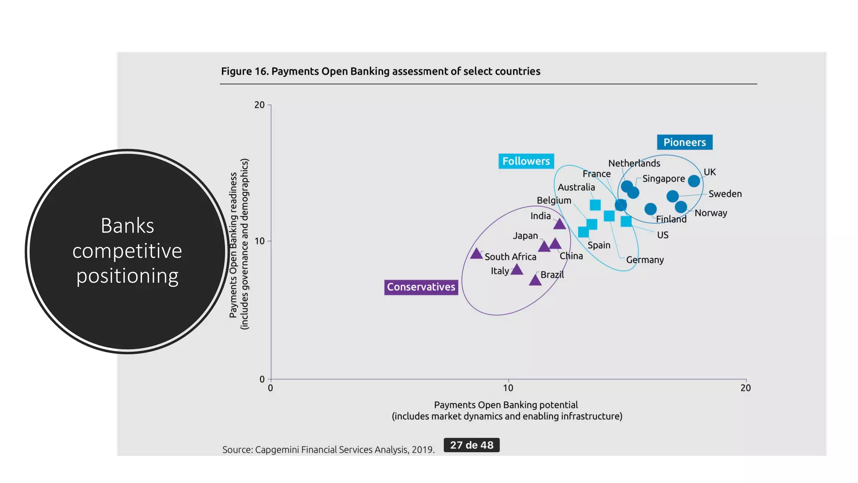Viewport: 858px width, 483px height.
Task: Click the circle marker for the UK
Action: [x=694, y=181]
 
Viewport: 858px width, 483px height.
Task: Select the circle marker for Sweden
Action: [x=672, y=196]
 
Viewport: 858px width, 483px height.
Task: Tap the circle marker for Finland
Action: [x=650, y=209]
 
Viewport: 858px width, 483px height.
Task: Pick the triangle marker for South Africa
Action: [x=476, y=254]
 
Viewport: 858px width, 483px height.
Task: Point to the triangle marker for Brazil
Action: [x=535, y=280]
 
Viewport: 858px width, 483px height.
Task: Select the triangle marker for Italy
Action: [x=517, y=270]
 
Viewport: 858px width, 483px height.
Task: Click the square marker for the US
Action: [x=626, y=221]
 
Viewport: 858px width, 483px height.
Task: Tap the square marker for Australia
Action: [x=595, y=205]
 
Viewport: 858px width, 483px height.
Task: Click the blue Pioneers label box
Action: [x=684, y=142]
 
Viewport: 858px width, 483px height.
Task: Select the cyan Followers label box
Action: [x=526, y=161]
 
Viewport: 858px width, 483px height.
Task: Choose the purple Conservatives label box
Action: [x=421, y=287]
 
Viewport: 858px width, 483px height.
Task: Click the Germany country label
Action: [x=644, y=260]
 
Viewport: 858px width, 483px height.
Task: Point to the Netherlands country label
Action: [x=634, y=163]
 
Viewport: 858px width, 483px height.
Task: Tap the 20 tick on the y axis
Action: [x=259, y=105]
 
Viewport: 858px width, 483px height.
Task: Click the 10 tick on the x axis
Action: [x=508, y=388]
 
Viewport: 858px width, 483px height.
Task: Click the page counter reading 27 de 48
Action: [x=471, y=445]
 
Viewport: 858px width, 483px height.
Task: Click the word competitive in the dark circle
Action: [x=127, y=251]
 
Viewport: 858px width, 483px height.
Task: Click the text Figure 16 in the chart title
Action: [x=244, y=71]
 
